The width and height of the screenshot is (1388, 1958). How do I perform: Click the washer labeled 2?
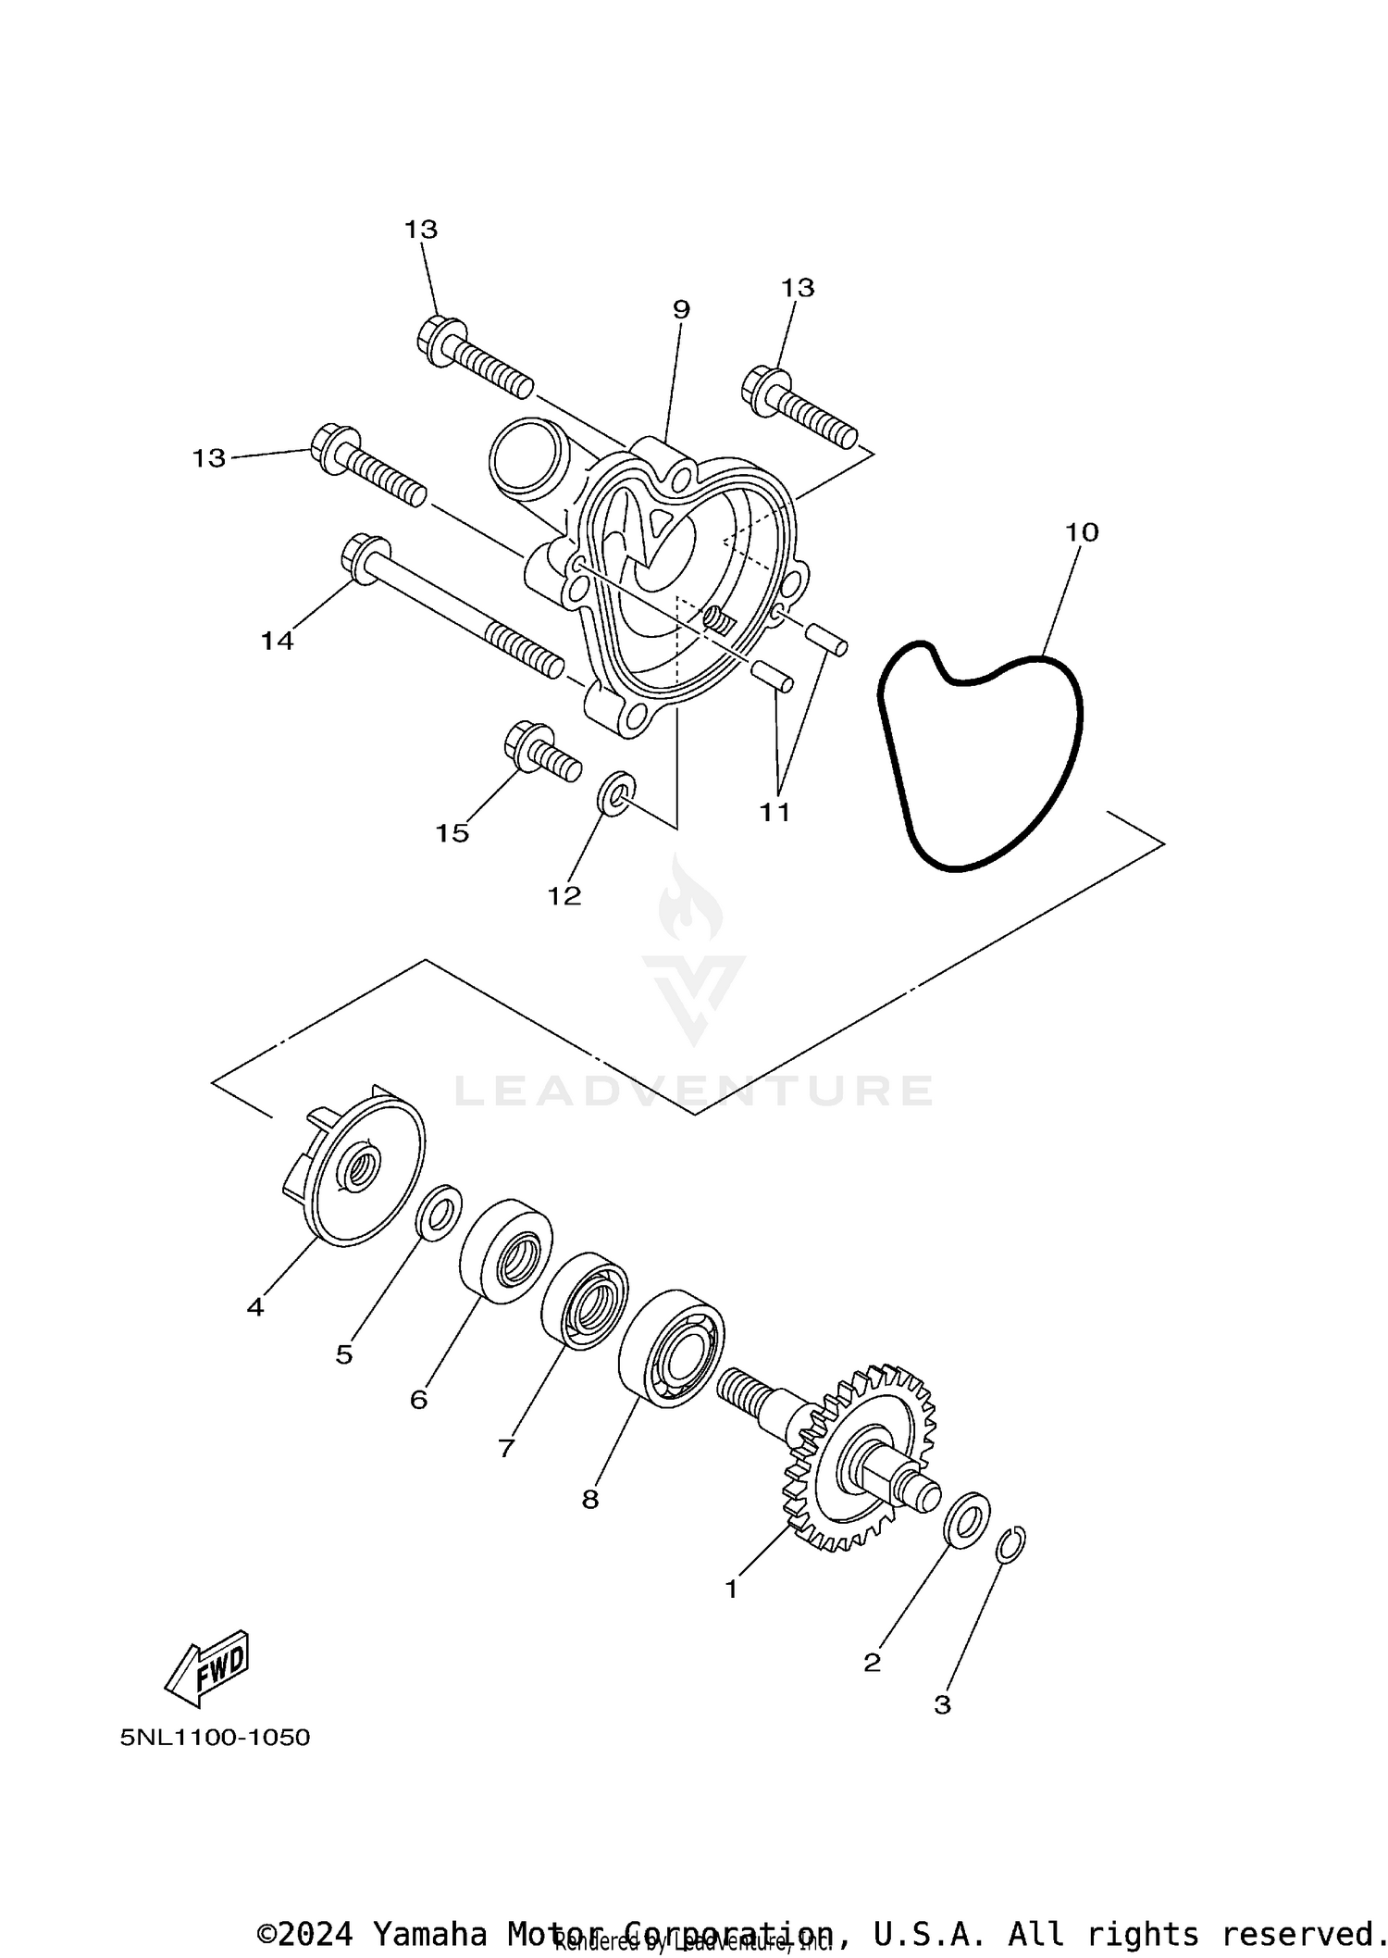[966, 1519]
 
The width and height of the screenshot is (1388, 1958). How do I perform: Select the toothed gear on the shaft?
[861, 1457]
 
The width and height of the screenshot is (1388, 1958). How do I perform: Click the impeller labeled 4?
[356, 1170]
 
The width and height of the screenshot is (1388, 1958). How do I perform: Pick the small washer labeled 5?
[440, 1212]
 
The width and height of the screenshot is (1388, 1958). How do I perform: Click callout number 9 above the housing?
[681, 309]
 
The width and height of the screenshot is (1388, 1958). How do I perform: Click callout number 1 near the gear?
[731, 1590]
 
